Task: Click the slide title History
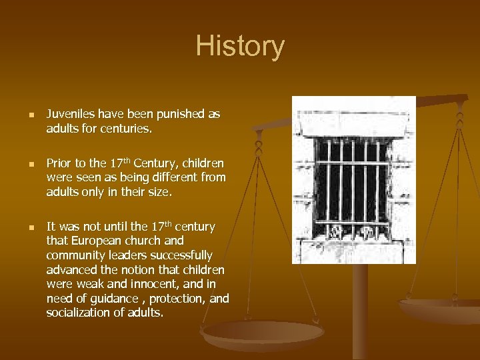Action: coord(240,47)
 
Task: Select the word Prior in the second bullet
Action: coord(58,163)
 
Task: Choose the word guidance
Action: coord(109,299)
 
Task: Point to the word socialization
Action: coord(78,313)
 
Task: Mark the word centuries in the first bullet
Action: coord(127,128)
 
